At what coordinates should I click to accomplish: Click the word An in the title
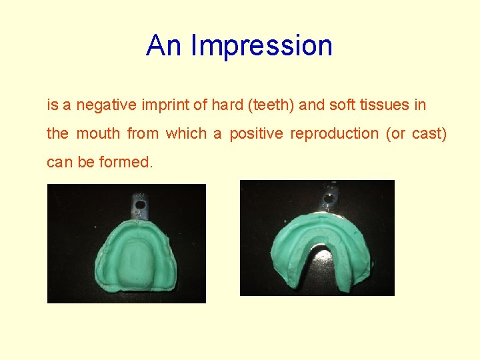click(164, 46)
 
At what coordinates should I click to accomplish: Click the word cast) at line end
click(429, 133)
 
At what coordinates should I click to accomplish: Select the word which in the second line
click(186, 133)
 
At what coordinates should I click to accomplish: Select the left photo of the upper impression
click(127, 243)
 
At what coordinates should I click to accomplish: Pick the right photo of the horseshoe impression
click(317, 238)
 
